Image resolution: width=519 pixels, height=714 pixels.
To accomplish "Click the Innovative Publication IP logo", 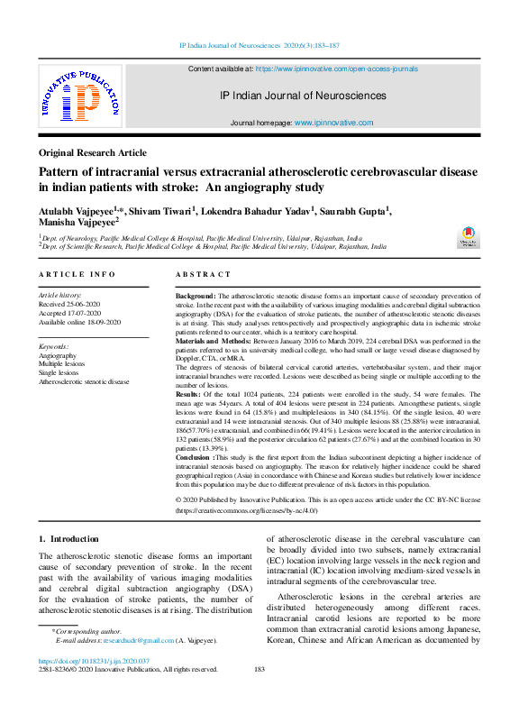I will click(79, 96).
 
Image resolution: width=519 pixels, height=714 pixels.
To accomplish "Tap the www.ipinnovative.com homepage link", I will click(330, 122).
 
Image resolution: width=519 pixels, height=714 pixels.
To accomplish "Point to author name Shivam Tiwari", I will click(158, 211).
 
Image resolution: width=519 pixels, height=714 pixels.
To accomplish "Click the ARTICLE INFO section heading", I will click(77, 274).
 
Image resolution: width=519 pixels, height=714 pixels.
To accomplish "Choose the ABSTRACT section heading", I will click(203, 274).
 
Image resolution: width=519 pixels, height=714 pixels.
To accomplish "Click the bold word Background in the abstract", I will click(195, 296).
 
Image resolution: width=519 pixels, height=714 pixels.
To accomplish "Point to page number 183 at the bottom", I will click(259, 669).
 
